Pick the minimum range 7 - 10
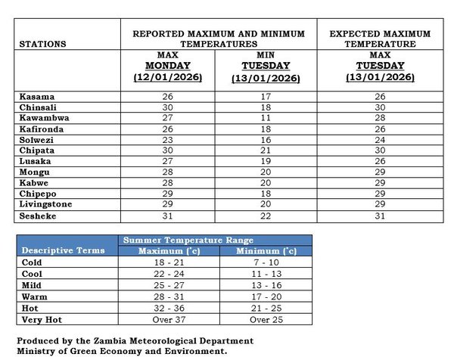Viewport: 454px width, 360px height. coord(267,262)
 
